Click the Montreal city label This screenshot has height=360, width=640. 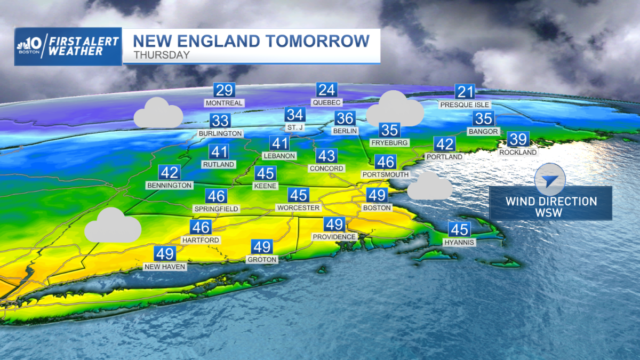(224, 103)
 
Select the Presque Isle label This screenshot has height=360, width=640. (465, 105)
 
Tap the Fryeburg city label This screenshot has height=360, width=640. (389, 143)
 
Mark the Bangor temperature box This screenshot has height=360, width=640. (484, 119)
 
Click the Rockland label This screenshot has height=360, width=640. (518, 153)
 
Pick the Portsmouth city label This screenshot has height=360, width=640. (385, 174)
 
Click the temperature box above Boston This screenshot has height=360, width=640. (377, 196)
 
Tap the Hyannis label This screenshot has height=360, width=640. (459, 242)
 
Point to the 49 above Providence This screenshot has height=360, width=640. (334, 225)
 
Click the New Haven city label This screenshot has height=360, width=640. (165, 266)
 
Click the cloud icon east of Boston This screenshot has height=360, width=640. (429, 187)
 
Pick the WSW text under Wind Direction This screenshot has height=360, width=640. (551, 213)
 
